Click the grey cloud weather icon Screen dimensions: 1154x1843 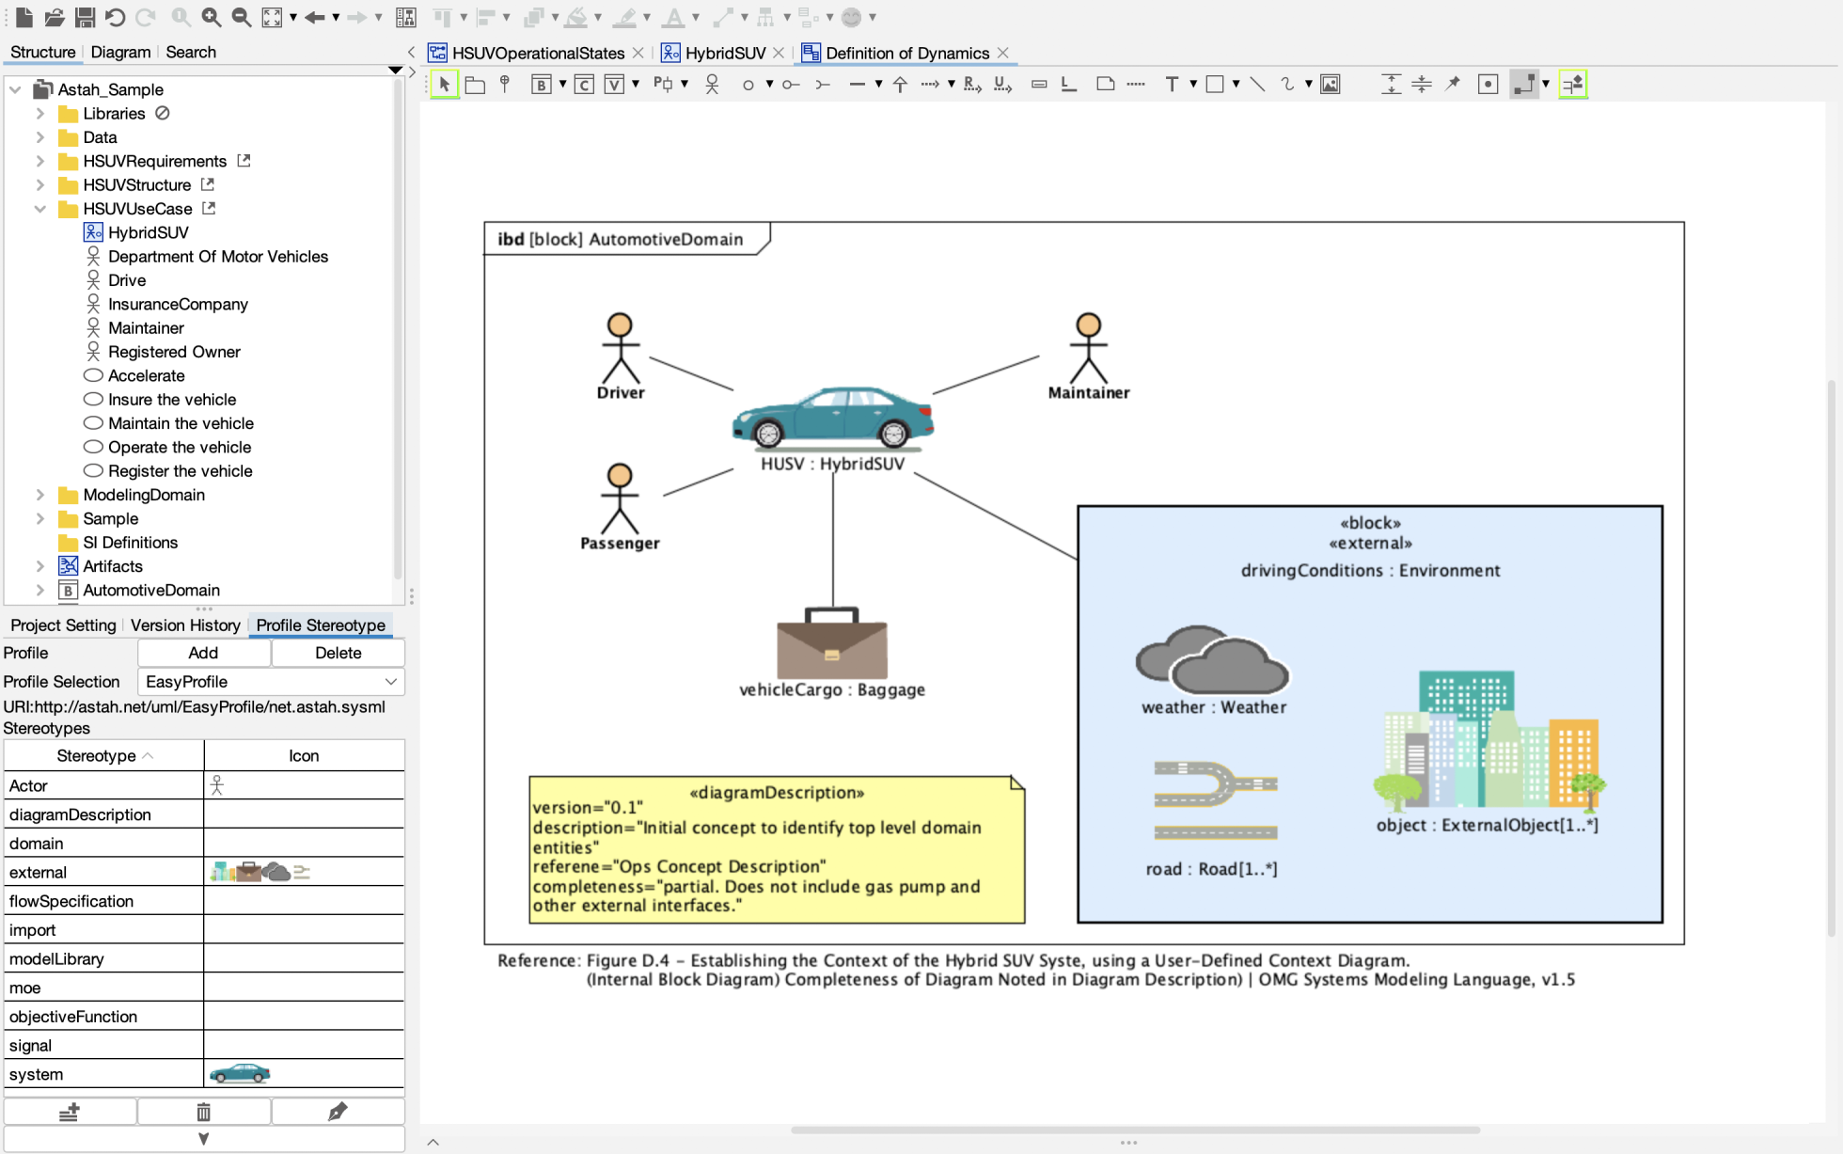click(x=1211, y=660)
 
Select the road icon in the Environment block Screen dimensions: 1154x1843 click(x=1215, y=800)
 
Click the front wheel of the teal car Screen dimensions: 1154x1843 click(x=768, y=434)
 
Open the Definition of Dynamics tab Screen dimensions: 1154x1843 click(x=906, y=53)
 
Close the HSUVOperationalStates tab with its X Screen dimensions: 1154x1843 click(x=638, y=53)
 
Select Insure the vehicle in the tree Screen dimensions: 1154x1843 click(x=171, y=400)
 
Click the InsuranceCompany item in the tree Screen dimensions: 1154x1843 click(x=177, y=304)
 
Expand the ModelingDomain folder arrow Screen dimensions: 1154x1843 click(x=40, y=495)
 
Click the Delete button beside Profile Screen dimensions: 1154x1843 click(x=338, y=653)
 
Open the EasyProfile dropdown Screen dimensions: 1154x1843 click(x=271, y=682)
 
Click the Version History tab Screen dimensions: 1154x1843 click(x=185, y=625)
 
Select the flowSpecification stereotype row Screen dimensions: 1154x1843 click(x=103, y=901)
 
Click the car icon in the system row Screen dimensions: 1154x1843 click(x=240, y=1074)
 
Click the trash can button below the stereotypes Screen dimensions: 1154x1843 click(x=203, y=1113)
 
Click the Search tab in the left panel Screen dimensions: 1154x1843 click(x=191, y=52)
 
